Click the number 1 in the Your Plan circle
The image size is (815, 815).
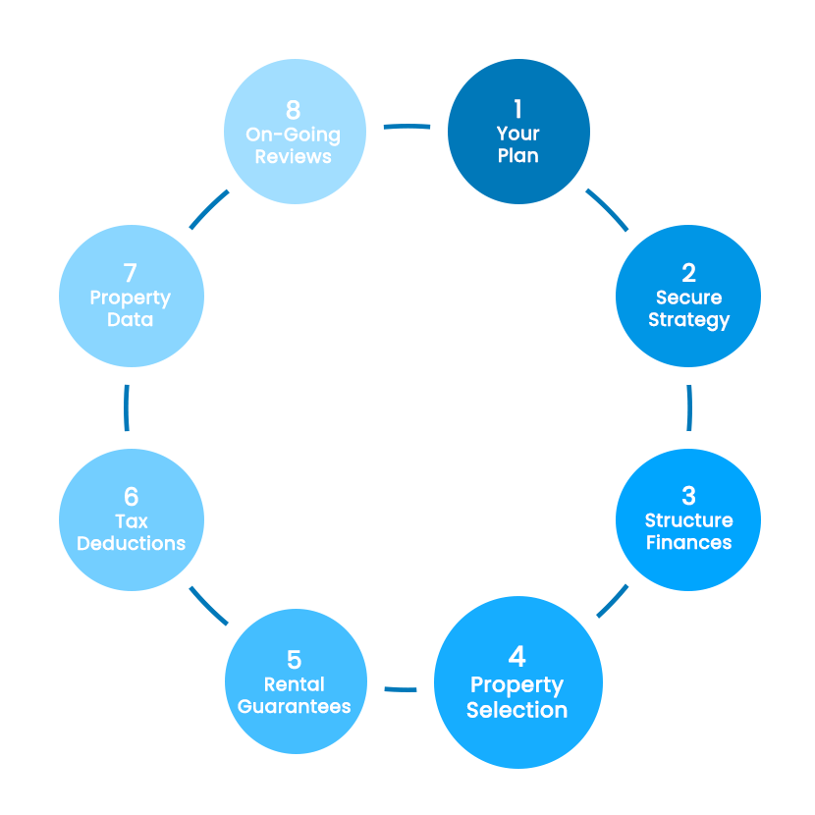pos(517,109)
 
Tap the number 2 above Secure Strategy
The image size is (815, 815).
pos(688,273)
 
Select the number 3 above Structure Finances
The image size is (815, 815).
pos(688,496)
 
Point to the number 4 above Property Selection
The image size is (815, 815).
pos(516,656)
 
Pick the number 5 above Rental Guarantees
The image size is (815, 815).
pos(295,660)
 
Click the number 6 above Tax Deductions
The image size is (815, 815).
pos(132,496)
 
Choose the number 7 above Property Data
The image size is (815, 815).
pos(131,273)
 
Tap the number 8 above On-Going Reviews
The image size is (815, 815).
pos(293,110)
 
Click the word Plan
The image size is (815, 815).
pos(517,156)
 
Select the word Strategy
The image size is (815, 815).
pos(688,320)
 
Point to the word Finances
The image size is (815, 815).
pos(688,542)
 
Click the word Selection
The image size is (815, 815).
pos(516,710)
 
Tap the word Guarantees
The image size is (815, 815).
pos(295,706)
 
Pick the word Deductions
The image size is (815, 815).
pos(132,543)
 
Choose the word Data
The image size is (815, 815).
pos(131,320)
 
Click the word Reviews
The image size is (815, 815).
pos(293,157)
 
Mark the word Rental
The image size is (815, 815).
pos(295,684)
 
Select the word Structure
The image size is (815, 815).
pos(688,520)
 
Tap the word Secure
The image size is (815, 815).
pos(688,298)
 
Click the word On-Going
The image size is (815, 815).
pos(293,135)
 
